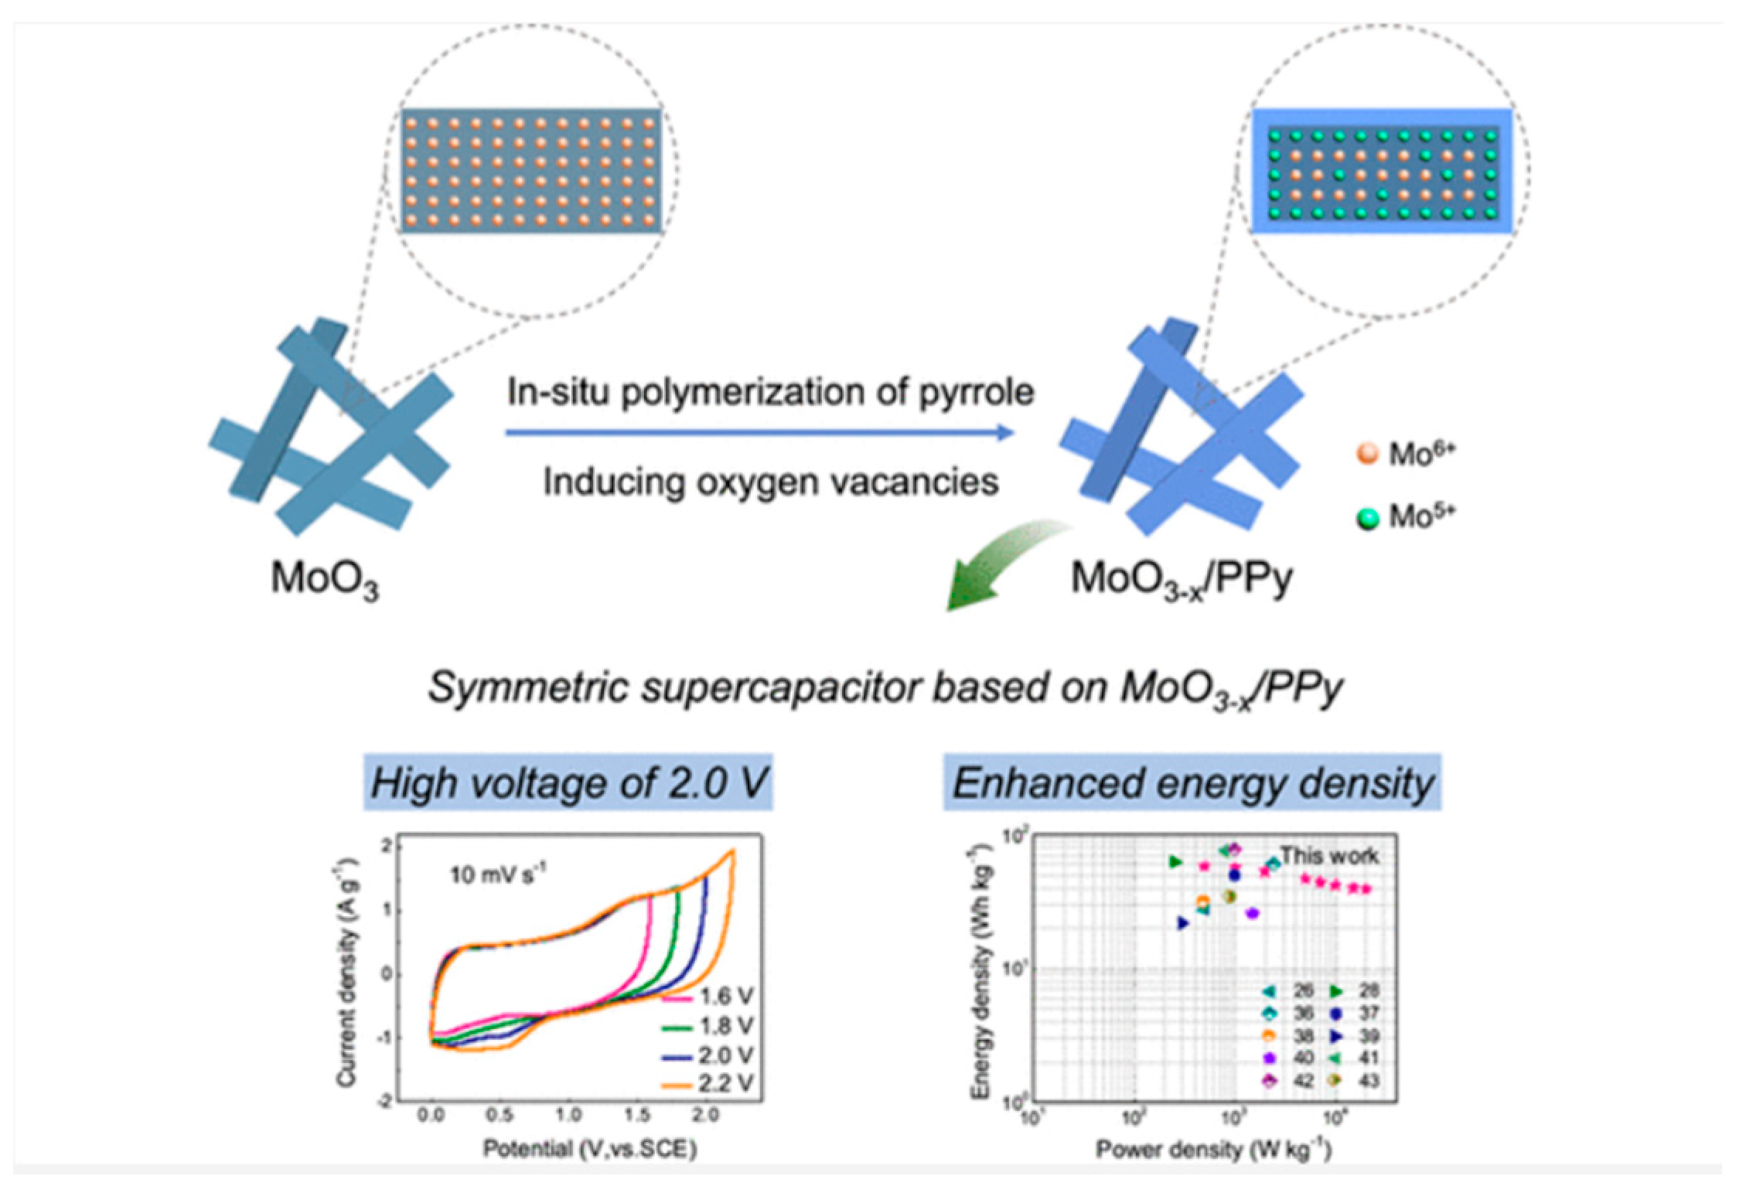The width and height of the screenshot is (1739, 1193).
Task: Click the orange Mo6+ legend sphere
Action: coord(1367,453)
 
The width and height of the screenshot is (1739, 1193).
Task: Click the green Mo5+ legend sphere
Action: coord(1367,516)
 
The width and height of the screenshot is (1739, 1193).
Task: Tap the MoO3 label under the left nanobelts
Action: coord(325,578)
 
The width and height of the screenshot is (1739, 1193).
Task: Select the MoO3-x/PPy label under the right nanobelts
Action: coord(1181,578)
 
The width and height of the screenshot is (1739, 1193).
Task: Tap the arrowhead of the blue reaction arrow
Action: coord(1005,432)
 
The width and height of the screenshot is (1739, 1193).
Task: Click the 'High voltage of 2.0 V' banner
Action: coord(568,782)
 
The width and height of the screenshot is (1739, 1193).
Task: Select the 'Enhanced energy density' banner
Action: coord(1192,782)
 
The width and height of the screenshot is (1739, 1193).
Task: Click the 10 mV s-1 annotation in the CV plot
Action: coord(498,874)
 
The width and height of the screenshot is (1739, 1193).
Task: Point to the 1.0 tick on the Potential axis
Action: coord(568,1114)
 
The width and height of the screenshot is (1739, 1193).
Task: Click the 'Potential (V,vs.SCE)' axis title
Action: coord(590,1149)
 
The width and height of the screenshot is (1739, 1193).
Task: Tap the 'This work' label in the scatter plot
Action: coord(1329,855)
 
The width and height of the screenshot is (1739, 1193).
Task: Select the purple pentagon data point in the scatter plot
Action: coord(1253,913)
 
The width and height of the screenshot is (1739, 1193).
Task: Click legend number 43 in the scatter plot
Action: coord(1368,1080)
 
